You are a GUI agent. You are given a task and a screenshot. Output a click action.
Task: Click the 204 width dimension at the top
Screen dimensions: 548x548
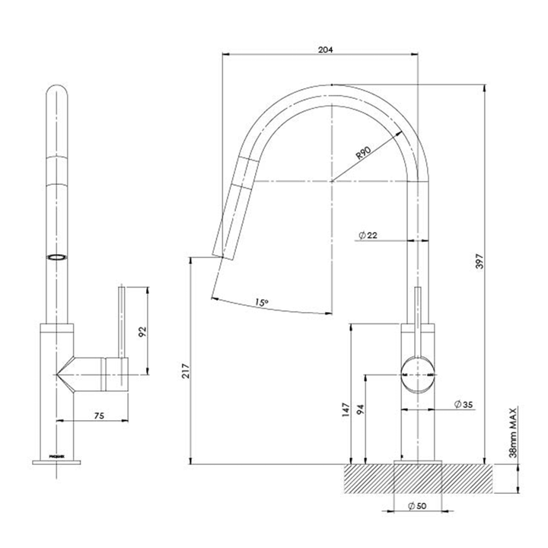pyautogui.click(x=325, y=49)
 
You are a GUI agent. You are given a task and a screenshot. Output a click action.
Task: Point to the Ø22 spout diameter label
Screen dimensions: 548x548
pyautogui.click(x=367, y=236)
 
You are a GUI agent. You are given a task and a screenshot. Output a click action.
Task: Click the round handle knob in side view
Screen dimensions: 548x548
pyautogui.click(x=416, y=374)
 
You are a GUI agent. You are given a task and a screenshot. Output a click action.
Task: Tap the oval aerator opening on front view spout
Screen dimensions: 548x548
pyautogui.click(x=56, y=257)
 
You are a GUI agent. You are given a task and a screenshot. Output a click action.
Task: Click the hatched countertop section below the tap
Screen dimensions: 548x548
pyautogui.click(x=457, y=479)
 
